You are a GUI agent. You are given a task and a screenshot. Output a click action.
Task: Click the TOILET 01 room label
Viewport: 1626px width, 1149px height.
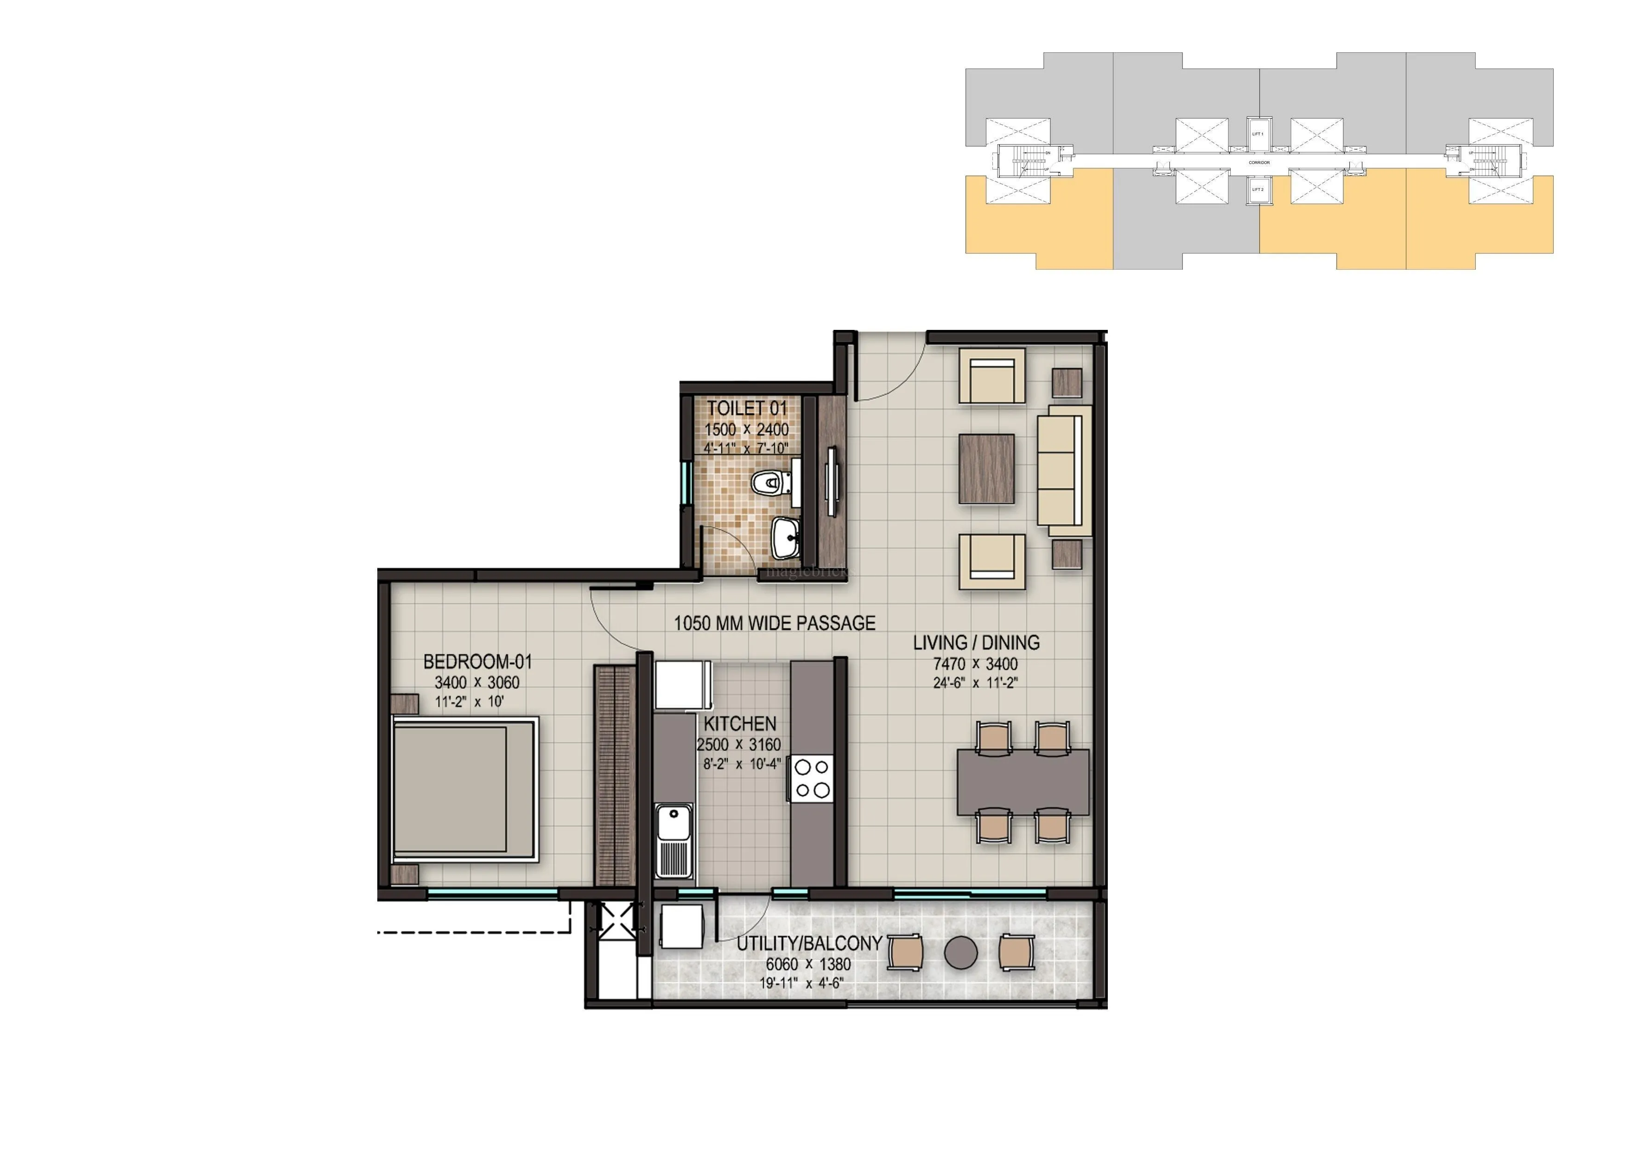click(x=746, y=409)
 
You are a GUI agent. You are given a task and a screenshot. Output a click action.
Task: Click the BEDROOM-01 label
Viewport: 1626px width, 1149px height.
click(x=477, y=662)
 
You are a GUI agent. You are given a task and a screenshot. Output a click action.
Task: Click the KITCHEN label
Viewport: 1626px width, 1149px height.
click(x=740, y=724)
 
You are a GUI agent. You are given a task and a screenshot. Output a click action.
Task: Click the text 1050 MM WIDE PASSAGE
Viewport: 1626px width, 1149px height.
click(x=774, y=623)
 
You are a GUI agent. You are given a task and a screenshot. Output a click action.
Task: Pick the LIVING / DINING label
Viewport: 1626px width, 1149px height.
click(x=976, y=643)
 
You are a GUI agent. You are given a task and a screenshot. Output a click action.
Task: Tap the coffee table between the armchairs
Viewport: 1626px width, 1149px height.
click(x=986, y=469)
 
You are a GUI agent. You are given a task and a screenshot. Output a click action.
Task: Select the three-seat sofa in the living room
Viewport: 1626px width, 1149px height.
click(x=1064, y=470)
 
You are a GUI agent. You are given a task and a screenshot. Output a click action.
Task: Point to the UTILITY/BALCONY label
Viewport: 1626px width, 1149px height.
click(x=809, y=944)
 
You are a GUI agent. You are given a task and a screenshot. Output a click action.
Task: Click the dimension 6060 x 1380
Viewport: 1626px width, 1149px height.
click(x=808, y=964)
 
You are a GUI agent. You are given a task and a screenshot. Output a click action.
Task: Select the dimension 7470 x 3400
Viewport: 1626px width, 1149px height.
click(x=975, y=664)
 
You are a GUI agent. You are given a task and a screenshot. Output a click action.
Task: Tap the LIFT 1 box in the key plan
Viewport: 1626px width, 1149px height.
click(x=1258, y=134)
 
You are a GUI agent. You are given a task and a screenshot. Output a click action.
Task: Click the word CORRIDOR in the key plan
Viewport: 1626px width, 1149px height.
click(x=1258, y=163)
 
